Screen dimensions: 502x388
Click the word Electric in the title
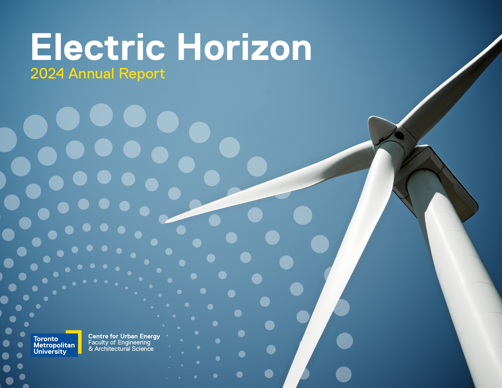98,47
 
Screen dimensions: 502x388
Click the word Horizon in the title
244,47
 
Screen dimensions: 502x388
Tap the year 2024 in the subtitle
47,74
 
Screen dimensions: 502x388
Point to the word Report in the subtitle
142,74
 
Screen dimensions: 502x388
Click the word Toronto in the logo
46,339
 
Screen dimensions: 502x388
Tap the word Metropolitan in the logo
54,345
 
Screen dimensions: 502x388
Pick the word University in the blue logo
50,352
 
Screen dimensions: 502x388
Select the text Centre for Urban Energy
124,336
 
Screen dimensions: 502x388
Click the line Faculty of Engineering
119,343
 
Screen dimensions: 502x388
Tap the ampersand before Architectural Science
91,349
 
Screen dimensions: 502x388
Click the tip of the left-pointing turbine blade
166,222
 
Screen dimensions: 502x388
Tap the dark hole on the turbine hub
399,135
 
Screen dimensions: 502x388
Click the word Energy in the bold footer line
150,337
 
